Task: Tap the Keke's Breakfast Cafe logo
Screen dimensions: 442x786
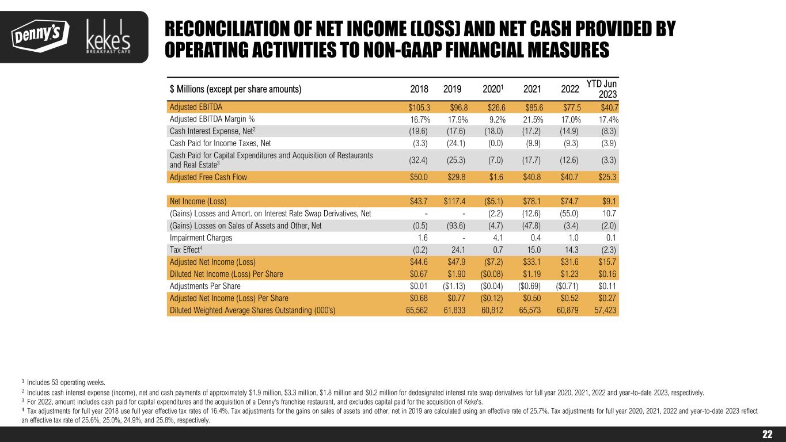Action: (108, 37)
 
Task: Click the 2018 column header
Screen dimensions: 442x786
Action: (419, 89)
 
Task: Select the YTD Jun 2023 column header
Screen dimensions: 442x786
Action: (602, 89)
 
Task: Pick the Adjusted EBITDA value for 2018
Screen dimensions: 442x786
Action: (414, 107)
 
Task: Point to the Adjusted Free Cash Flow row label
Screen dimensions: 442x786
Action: (208, 177)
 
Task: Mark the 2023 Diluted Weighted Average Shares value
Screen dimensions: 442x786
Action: (606, 310)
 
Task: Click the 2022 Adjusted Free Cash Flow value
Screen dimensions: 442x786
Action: (568, 177)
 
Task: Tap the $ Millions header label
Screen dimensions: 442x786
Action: (236, 89)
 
